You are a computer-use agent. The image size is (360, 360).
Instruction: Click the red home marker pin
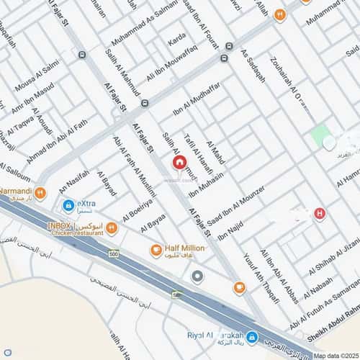[179, 163]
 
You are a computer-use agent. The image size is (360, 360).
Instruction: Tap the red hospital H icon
[320, 214]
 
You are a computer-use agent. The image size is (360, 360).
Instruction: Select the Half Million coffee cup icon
[156, 251]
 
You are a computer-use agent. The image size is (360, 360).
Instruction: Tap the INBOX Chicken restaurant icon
[112, 229]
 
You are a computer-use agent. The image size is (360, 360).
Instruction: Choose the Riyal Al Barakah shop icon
[251, 337]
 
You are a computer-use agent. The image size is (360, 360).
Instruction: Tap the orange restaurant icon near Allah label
[280, 14]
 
